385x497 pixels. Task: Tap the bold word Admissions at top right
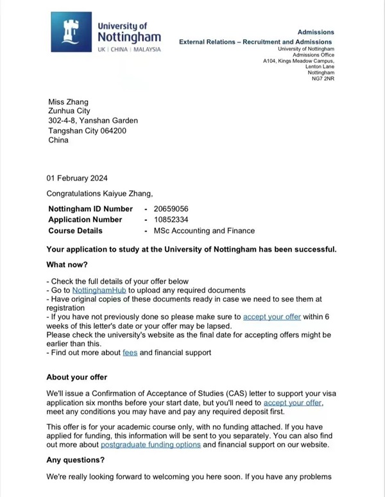[x=316, y=31]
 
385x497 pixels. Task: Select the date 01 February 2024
[x=77, y=178]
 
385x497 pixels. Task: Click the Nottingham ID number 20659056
[x=171, y=209]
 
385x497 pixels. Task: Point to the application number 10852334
[x=171, y=220]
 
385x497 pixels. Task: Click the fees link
[x=130, y=353]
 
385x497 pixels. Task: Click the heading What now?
[x=67, y=265]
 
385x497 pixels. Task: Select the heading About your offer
[x=77, y=377]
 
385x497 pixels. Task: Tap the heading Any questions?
[x=74, y=460]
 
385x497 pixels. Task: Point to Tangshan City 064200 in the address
[x=87, y=130]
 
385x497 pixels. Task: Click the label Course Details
[x=76, y=231]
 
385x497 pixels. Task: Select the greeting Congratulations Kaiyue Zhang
[x=100, y=193]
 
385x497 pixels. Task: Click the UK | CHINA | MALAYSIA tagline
[x=129, y=49]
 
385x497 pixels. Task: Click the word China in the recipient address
[x=58, y=140]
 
